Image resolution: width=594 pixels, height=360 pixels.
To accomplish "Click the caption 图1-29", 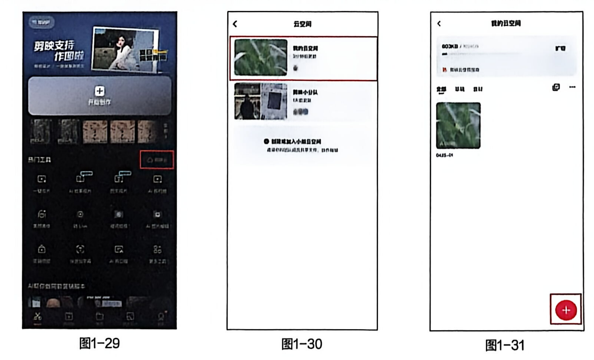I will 99,343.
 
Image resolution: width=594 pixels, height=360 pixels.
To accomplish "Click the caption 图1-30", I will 302,344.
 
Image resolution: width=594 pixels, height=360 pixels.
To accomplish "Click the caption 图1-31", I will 505,345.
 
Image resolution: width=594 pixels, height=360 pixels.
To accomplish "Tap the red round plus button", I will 566,310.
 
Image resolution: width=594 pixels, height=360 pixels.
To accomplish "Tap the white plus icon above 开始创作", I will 99,91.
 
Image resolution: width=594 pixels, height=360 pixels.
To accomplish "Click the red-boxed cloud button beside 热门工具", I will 157,160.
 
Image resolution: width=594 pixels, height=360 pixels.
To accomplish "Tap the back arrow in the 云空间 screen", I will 235,24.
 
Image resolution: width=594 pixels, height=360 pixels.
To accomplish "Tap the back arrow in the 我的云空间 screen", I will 439,23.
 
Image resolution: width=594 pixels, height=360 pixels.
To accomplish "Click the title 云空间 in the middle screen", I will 302,24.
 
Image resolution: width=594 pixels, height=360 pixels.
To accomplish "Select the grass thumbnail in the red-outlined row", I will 261,58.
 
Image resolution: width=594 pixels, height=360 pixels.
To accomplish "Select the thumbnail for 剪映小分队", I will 261,101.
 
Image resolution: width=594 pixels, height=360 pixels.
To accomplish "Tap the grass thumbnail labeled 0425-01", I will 458,125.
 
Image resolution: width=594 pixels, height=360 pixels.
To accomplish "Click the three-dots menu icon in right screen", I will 572,87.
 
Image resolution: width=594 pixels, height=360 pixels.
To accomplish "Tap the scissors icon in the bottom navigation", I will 38,317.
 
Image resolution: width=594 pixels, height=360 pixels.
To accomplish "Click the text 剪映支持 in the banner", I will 54,45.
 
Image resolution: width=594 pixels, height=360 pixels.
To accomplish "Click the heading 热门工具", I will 39,160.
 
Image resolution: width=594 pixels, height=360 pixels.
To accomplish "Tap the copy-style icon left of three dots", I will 556,87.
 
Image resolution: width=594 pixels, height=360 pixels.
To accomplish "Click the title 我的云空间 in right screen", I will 506,23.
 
